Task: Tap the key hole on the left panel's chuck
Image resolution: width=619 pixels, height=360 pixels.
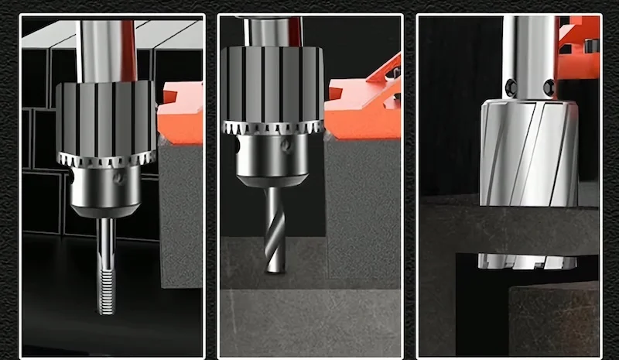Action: [x=118, y=178]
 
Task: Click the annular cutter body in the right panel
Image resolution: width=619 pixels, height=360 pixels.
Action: [x=526, y=155]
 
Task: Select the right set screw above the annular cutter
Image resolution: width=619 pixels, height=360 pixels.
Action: [x=549, y=87]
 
